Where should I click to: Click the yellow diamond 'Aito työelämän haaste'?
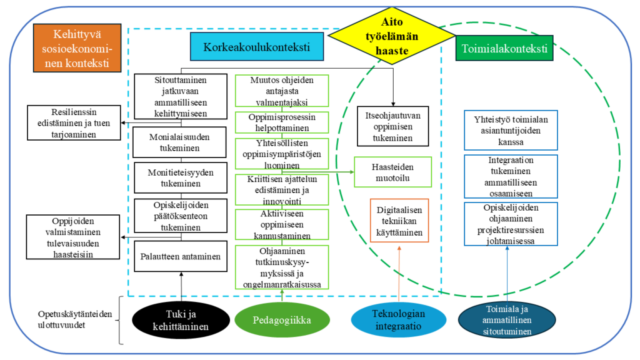click(392, 36)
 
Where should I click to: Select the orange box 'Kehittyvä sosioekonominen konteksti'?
click(77, 48)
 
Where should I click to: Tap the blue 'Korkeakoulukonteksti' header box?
click(257, 47)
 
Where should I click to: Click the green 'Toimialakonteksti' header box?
click(504, 49)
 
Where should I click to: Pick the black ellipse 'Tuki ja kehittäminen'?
click(181, 320)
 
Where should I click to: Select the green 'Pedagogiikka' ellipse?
click(282, 320)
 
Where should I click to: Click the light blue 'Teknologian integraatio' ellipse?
click(398, 320)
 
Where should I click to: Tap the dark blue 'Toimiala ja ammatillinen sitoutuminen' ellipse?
click(507, 321)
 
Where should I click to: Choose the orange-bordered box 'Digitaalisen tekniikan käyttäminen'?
click(399, 221)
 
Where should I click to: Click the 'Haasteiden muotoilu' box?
click(392, 172)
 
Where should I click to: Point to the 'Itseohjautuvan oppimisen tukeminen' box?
click(392, 126)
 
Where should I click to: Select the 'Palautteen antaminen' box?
click(181, 256)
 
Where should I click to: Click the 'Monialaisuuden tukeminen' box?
click(179, 142)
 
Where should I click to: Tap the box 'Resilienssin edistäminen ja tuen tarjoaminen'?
click(74, 123)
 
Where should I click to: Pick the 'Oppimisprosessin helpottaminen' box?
click(282, 122)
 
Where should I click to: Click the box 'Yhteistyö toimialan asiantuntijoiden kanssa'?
click(511, 131)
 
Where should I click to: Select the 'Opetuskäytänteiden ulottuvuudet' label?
click(75, 319)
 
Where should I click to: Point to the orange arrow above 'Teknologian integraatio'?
click(399, 274)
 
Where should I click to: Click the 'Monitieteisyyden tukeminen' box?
click(181, 178)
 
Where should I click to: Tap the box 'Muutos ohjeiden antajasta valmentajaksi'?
click(282, 91)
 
